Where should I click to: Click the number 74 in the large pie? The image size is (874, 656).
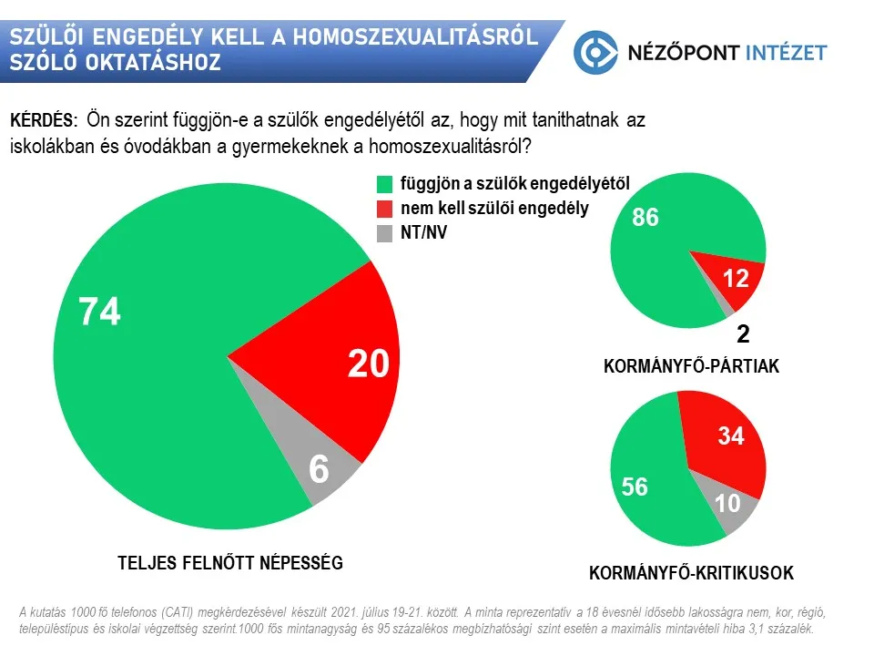(x=100, y=313)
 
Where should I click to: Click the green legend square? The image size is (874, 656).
(x=384, y=183)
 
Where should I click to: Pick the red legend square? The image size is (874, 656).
(x=384, y=209)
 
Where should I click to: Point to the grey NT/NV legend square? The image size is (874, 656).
(x=384, y=233)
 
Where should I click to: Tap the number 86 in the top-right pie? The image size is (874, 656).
(x=645, y=219)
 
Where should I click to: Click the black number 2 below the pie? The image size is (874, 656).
(x=743, y=334)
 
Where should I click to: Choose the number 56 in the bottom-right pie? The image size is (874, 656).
(x=635, y=487)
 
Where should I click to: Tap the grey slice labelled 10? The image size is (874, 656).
(x=727, y=502)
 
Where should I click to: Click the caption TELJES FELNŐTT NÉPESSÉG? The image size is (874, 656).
(x=230, y=562)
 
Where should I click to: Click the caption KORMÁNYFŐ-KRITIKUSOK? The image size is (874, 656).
(x=691, y=573)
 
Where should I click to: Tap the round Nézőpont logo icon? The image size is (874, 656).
(x=595, y=52)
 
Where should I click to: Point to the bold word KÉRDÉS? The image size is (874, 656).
(x=43, y=121)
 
